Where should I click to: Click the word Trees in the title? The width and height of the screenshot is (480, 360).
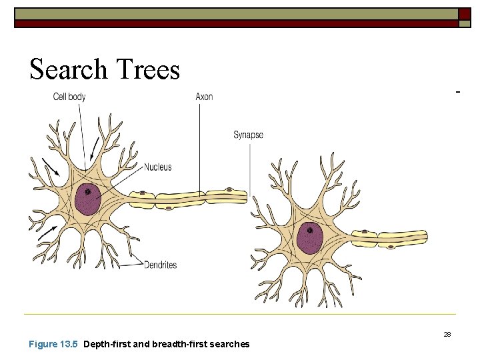pyautogui.click(x=147, y=69)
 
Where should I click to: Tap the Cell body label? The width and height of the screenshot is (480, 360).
pyautogui.click(x=69, y=97)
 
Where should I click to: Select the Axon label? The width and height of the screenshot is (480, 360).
pyautogui.click(x=204, y=97)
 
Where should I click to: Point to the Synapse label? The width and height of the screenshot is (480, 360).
pyautogui.click(x=248, y=135)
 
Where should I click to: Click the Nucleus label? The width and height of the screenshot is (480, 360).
pyautogui.click(x=157, y=167)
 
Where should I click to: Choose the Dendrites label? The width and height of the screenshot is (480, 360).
pyautogui.click(x=160, y=265)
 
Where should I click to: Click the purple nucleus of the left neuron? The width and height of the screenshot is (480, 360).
pyautogui.click(x=87, y=199)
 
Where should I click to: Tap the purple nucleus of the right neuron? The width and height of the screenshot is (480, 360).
pyautogui.click(x=309, y=237)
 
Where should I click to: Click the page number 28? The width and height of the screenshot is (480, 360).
pyautogui.click(x=447, y=334)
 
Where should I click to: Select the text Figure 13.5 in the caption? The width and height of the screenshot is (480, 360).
pyautogui.click(x=53, y=344)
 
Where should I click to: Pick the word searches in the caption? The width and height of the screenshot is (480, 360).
pyautogui.click(x=229, y=344)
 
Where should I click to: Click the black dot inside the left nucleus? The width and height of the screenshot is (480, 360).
pyautogui.click(x=87, y=192)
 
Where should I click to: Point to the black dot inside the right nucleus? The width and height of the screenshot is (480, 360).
pyautogui.click(x=309, y=231)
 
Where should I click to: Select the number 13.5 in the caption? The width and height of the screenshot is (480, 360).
pyautogui.click(x=69, y=344)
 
